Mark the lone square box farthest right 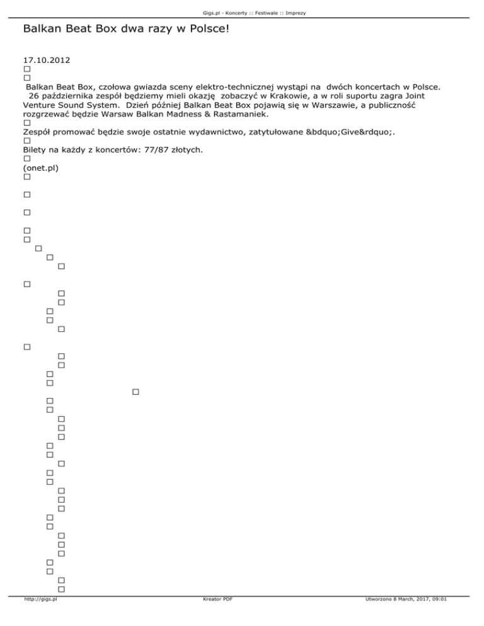pyautogui.click(x=135, y=393)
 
